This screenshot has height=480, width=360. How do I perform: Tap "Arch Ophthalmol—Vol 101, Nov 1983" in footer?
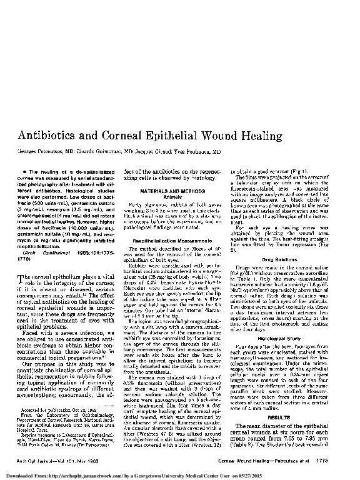click(57, 459)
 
